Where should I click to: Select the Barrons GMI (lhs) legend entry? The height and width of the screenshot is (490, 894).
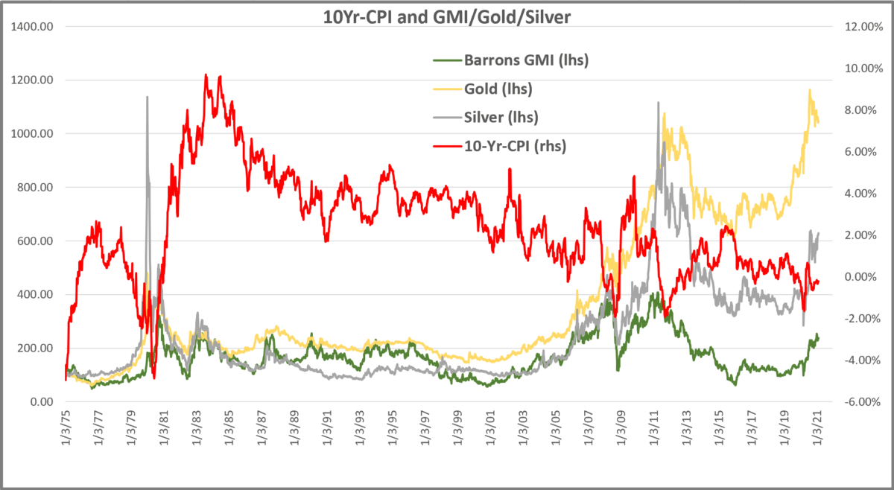tap(526, 60)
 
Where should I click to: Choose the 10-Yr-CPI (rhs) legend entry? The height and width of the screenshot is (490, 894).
tap(515, 146)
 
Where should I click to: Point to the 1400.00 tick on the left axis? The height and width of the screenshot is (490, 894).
tap(33, 27)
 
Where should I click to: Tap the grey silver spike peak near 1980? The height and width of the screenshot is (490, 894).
tap(147, 97)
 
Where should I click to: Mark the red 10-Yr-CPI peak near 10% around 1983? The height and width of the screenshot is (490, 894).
tap(206, 74)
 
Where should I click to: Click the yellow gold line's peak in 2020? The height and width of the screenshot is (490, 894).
tap(810, 90)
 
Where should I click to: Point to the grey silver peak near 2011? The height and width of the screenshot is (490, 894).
tap(658, 103)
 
